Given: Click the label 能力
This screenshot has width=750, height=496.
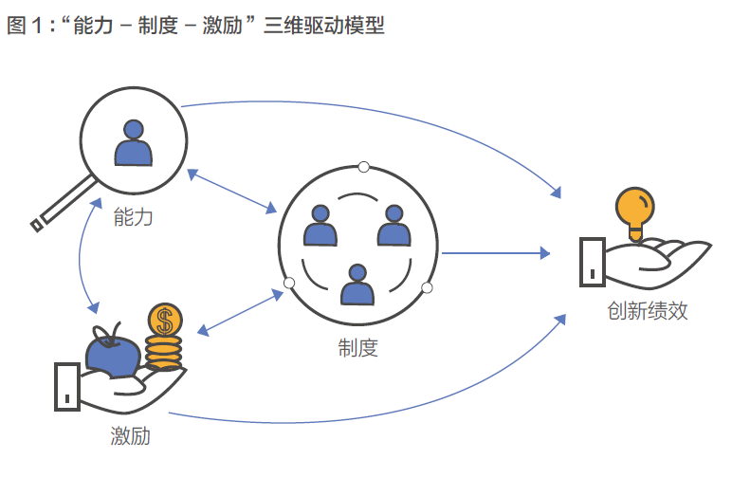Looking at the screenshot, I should coord(133,217).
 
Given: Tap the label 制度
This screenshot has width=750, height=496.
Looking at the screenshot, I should coord(357,348).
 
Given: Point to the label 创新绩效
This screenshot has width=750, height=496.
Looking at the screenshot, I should coord(648,310).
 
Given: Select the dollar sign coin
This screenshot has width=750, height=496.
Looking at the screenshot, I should coord(165,320).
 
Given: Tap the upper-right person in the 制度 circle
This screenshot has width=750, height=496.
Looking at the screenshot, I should coord(393,228).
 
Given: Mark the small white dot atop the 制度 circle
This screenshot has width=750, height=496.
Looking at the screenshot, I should coord(363,168).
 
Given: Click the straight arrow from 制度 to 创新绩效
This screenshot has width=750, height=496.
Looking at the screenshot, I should coord(493,253).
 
